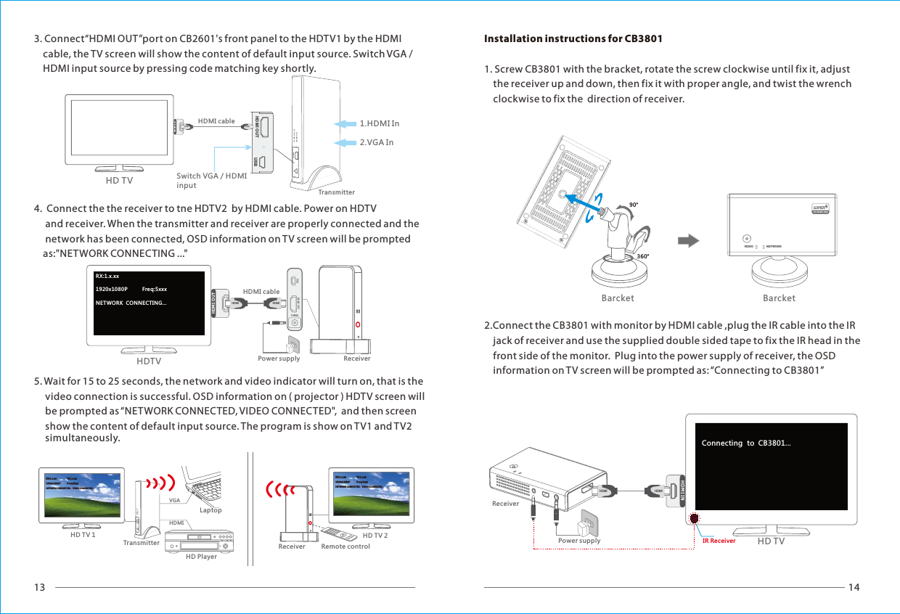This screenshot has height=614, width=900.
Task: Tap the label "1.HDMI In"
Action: (380, 123)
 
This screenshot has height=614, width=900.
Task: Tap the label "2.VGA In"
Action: (377, 142)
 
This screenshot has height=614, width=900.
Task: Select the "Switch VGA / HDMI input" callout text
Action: (211, 181)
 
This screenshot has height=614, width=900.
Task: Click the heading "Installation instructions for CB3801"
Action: (573, 38)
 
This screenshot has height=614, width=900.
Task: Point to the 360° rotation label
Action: (642, 256)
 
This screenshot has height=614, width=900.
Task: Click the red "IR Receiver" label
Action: (719, 541)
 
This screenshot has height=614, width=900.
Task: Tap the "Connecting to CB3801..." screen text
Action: (746, 443)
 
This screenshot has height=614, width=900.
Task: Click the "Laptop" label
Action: (210, 510)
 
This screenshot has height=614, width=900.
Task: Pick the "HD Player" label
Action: (201, 557)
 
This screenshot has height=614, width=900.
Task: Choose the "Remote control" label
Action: (345, 547)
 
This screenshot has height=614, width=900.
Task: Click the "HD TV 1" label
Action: (83, 535)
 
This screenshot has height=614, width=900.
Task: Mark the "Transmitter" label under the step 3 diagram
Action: (337, 192)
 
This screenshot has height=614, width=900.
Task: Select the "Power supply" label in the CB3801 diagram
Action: (579, 541)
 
